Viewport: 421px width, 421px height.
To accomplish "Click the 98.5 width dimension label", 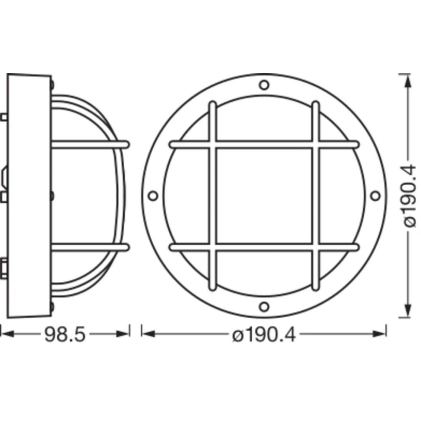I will pos(65,334).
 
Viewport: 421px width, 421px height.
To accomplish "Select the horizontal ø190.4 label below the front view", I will pos(263,334).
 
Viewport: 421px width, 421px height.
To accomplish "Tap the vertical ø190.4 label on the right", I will pos(408,195).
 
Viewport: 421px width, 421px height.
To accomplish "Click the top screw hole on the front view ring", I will pos(264,85).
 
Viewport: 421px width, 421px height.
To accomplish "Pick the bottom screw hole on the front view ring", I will pos(264,306).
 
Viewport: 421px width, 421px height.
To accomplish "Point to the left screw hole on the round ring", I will pos(153,195).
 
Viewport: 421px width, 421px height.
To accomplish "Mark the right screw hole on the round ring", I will pos(375,195).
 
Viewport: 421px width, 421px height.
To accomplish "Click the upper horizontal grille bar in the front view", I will pos(264,145).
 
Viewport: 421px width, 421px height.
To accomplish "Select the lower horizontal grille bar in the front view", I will pos(264,247).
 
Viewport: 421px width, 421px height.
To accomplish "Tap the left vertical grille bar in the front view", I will pos(212,195).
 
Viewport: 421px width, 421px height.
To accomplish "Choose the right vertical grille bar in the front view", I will pos(315,195).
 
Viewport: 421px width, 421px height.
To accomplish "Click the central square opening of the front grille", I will pos(264,195).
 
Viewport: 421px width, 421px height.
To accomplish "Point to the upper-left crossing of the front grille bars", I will pos(212,145).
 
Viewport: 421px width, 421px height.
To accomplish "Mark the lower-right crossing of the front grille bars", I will pos(315,247).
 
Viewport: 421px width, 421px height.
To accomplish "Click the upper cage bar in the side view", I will pos(90,144).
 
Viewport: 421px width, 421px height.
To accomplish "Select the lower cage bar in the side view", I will pos(90,247).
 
